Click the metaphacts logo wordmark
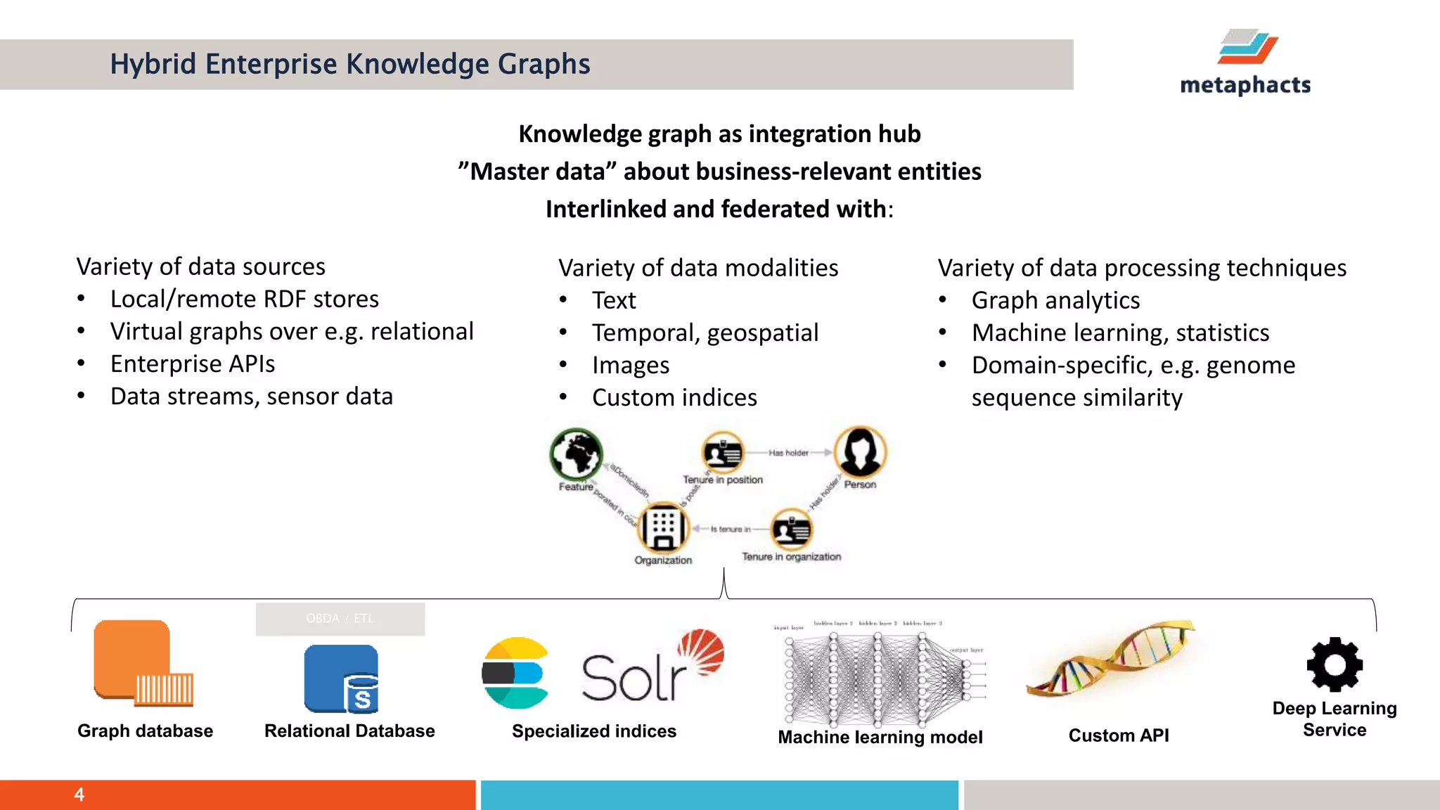(1245, 85)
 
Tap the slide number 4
(79, 795)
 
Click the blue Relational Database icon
(341, 679)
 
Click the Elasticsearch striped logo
(515, 673)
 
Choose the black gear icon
(1334, 664)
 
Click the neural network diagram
(879, 675)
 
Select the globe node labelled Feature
(577, 454)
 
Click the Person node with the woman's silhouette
(860, 452)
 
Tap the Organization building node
(663, 527)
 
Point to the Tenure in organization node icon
(792, 529)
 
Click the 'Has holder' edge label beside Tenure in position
(788, 453)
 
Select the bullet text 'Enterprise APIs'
(193, 364)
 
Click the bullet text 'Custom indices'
(674, 398)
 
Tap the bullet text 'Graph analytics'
(1055, 301)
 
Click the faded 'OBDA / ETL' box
(340, 619)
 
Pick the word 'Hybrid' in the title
(153, 64)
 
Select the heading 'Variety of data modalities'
(698, 268)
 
